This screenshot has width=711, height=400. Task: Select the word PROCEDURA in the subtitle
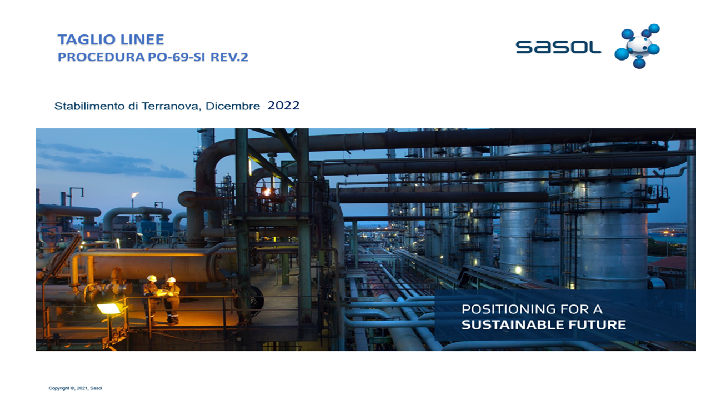(101, 57)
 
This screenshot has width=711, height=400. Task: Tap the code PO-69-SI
(177, 57)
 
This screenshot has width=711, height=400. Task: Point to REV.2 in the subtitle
(229, 57)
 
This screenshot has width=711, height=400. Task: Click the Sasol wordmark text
(558, 47)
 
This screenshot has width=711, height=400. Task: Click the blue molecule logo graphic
(637, 46)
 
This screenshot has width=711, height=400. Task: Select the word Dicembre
(233, 106)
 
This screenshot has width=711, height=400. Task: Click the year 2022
(283, 106)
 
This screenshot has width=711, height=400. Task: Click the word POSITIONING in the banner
(508, 309)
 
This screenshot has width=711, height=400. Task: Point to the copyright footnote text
(75, 388)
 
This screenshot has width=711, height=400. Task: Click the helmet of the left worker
(152, 278)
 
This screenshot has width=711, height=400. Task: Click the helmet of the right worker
(171, 279)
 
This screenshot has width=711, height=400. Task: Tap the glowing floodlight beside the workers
(108, 308)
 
